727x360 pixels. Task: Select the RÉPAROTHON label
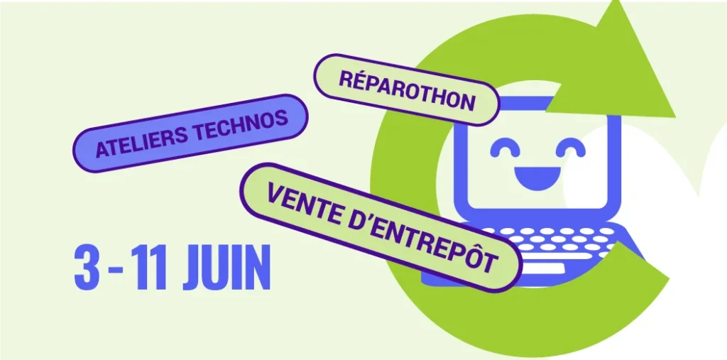[407, 90]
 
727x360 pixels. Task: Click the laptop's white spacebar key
[542, 268]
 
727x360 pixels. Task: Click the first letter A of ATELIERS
[102, 150]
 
